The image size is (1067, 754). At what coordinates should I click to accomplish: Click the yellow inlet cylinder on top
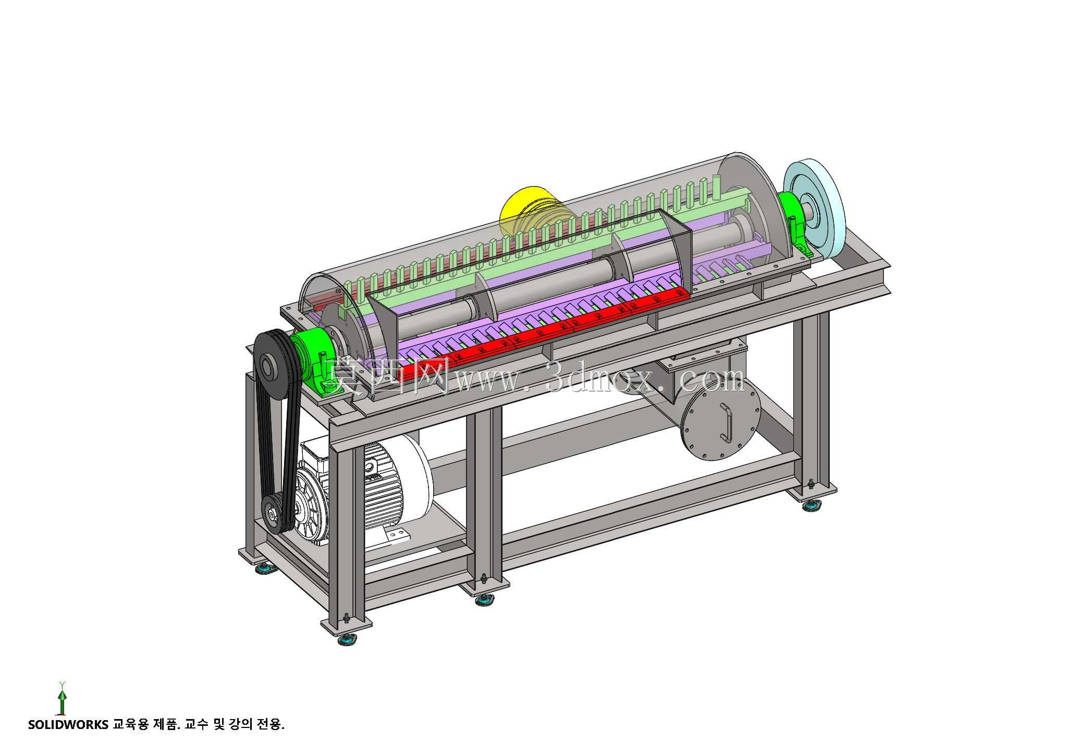pos(532,211)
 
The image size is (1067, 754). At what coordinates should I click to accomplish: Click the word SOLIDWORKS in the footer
pos(68,724)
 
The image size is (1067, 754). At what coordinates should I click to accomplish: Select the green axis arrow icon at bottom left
pos(62,698)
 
